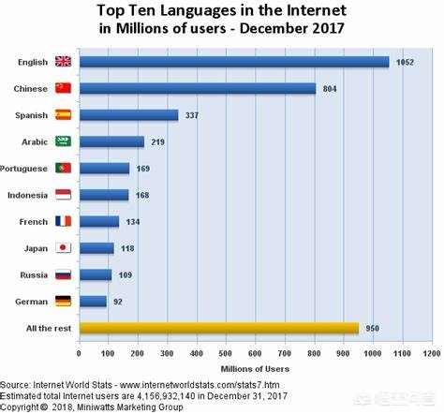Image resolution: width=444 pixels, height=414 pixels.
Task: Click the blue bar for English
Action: point(234,62)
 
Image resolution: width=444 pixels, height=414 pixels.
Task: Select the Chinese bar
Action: point(198,88)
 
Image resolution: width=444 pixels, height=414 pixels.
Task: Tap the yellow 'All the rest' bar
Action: point(219,328)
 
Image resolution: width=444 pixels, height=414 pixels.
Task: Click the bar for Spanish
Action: point(129,115)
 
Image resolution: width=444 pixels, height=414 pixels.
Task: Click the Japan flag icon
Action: point(64,248)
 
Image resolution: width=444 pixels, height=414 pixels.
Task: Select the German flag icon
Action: point(64,302)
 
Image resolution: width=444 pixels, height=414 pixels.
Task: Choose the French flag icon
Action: point(64,222)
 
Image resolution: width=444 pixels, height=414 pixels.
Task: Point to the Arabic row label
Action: point(36,142)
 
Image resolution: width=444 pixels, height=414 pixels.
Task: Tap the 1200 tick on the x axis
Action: point(431,355)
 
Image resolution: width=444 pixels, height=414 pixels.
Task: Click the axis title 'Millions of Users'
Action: point(255,370)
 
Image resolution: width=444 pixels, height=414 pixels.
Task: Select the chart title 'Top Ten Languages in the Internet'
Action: point(222,10)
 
